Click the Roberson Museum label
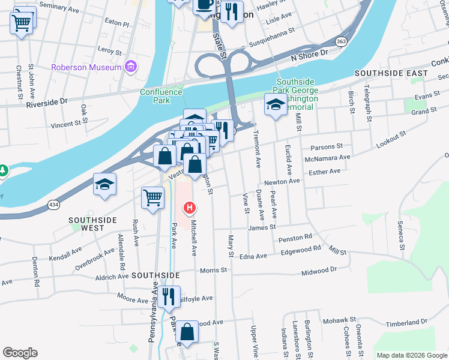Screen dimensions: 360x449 click(x=86, y=67)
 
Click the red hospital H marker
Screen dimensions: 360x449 click(x=190, y=209)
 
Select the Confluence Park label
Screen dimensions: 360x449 click(x=161, y=96)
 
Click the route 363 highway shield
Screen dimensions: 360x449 click(x=341, y=41)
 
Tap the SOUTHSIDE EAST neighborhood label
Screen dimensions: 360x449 click(x=391, y=73)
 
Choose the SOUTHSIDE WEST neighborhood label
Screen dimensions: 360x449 click(x=93, y=224)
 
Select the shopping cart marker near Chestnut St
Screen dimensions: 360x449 click(x=21, y=23)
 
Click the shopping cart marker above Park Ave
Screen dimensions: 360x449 click(x=153, y=197)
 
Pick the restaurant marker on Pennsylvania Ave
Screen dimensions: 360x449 click(x=168, y=296)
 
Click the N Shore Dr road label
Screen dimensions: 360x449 click(x=310, y=53)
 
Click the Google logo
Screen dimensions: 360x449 click(x=20, y=353)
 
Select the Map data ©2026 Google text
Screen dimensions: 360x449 click(x=411, y=355)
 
